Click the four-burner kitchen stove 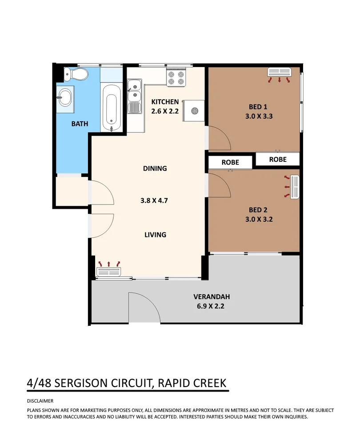[x=176, y=79]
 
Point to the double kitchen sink [x=134, y=91]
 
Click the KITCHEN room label [x=164, y=102]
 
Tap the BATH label [x=80, y=124]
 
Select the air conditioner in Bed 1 [x=279, y=72]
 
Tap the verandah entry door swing [x=143, y=308]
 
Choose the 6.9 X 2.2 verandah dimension [x=211, y=305]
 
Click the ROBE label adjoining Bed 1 [x=277, y=159]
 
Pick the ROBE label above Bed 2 [x=230, y=162]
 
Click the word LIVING [x=155, y=234]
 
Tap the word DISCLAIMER [x=40, y=401]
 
